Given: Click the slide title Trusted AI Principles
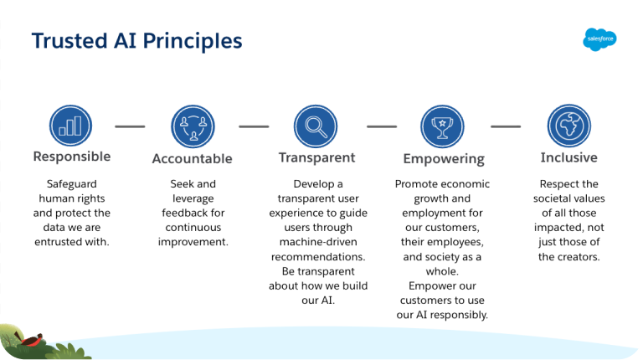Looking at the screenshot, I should coord(136,41).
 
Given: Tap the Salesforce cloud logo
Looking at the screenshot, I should coord(599,39).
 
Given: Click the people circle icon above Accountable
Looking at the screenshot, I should coord(193,126).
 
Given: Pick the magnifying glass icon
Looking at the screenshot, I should coord(316,126).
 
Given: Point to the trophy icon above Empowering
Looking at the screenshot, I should coord(442,126).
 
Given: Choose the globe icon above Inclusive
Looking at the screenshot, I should coord(568,126).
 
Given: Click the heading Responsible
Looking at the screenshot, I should coord(71,157).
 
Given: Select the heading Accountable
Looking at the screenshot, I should coord(192,159).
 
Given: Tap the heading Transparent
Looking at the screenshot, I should coord(316,157).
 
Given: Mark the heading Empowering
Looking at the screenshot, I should coord(443,159).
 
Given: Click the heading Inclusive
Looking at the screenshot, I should coord(568,157).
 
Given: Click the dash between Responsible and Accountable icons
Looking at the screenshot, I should coord(130,127).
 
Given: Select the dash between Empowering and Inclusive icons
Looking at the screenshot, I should coord(505,127).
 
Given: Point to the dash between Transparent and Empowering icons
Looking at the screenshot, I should coord(381,127).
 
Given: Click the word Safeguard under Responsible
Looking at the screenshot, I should coord(71,184).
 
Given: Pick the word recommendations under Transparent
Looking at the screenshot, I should coord(316,256).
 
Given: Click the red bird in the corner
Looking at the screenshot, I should coord(32,340).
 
